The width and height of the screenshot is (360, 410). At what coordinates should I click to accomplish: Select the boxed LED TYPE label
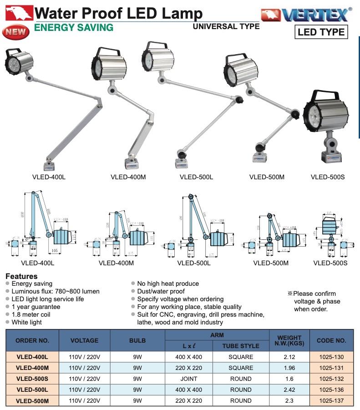tap(321, 32)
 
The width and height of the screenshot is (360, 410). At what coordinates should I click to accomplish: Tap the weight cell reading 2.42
tap(289, 390)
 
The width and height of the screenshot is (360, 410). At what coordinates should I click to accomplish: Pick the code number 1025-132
tap(331, 379)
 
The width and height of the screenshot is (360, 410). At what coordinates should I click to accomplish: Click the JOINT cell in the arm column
tap(188, 379)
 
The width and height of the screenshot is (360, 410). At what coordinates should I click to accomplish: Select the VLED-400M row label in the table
tap(32, 368)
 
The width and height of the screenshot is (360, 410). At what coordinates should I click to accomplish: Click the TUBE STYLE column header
tap(241, 346)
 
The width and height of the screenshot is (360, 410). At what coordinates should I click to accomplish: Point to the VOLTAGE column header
tap(85, 340)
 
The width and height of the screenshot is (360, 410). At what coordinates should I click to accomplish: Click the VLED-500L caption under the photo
tap(196, 177)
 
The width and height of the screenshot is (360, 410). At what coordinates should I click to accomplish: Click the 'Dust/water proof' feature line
tap(161, 291)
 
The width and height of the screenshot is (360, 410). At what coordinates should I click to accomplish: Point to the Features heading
tap(21, 276)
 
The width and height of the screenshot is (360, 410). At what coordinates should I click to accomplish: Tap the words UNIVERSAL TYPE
tap(226, 26)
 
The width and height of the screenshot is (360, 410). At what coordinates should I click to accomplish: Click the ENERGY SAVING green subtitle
tap(74, 28)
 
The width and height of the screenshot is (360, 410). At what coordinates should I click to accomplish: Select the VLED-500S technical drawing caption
tap(330, 263)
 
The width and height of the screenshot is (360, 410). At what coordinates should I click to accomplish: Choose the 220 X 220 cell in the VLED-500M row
tap(188, 400)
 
